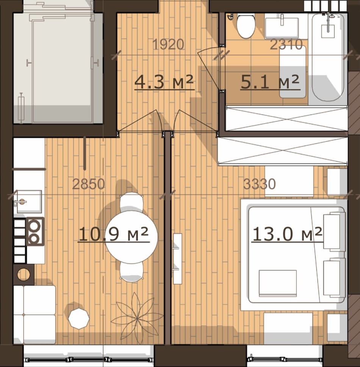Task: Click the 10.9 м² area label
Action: [114, 234]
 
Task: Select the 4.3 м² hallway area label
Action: [164, 82]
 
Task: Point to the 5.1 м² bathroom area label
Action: [270, 82]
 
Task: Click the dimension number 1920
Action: [168, 44]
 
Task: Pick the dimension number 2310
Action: [286, 44]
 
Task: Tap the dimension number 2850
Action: [89, 184]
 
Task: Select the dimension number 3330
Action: [260, 184]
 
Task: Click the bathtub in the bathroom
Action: [328, 57]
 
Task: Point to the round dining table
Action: [131, 237]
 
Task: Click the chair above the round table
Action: [131, 202]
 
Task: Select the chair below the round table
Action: [131, 272]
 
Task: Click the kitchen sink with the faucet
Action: [29, 201]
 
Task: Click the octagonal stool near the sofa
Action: [79, 319]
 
